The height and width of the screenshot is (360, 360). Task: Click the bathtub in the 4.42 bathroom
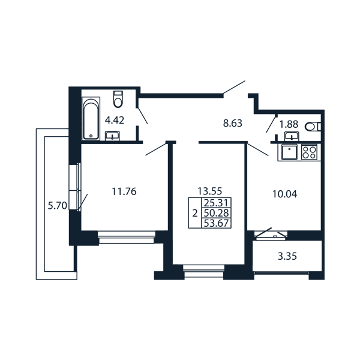[91, 118]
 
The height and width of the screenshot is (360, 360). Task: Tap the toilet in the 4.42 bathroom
[118, 99]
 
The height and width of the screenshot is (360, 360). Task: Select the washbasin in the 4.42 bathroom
[112, 136]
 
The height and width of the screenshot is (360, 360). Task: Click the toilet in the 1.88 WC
[313, 127]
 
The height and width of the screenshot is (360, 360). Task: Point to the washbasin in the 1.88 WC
[292, 136]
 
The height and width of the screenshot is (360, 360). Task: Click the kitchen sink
[290, 152]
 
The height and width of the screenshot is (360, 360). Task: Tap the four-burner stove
[309, 152]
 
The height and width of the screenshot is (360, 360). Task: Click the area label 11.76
[124, 191]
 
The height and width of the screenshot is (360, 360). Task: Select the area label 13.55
[210, 191]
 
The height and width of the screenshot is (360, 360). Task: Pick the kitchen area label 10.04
[284, 194]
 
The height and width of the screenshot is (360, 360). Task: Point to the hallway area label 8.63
[233, 123]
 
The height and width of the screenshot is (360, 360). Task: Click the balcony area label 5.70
[57, 205]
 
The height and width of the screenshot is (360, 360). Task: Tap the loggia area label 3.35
[287, 256]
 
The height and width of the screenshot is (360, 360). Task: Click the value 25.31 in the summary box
[216, 203]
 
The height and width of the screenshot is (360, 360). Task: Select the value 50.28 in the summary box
[216, 213]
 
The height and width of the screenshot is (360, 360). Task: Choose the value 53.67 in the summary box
[216, 223]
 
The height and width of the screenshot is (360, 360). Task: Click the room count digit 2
[195, 214]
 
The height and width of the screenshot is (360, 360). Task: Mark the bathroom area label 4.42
[115, 121]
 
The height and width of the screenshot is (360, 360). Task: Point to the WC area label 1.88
[289, 124]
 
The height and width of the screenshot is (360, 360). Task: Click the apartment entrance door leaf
[234, 87]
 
